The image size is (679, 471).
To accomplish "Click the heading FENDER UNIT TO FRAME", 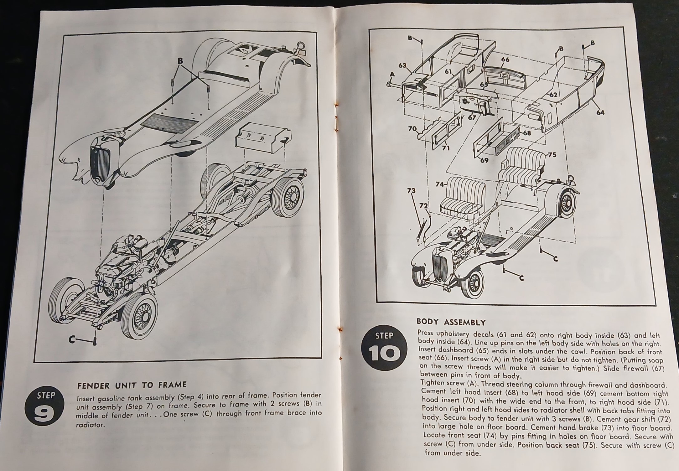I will click(132, 385).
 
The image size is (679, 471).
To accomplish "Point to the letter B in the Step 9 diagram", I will click(180, 61).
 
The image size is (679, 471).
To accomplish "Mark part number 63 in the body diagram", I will click(402, 66).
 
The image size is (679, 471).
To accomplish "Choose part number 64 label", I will click(600, 112).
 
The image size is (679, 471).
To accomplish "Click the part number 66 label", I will click(505, 60).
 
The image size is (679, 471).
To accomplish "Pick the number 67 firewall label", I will click(472, 118).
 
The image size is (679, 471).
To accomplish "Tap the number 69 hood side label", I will click(484, 160).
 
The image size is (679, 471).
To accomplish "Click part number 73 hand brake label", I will click(411, 191).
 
